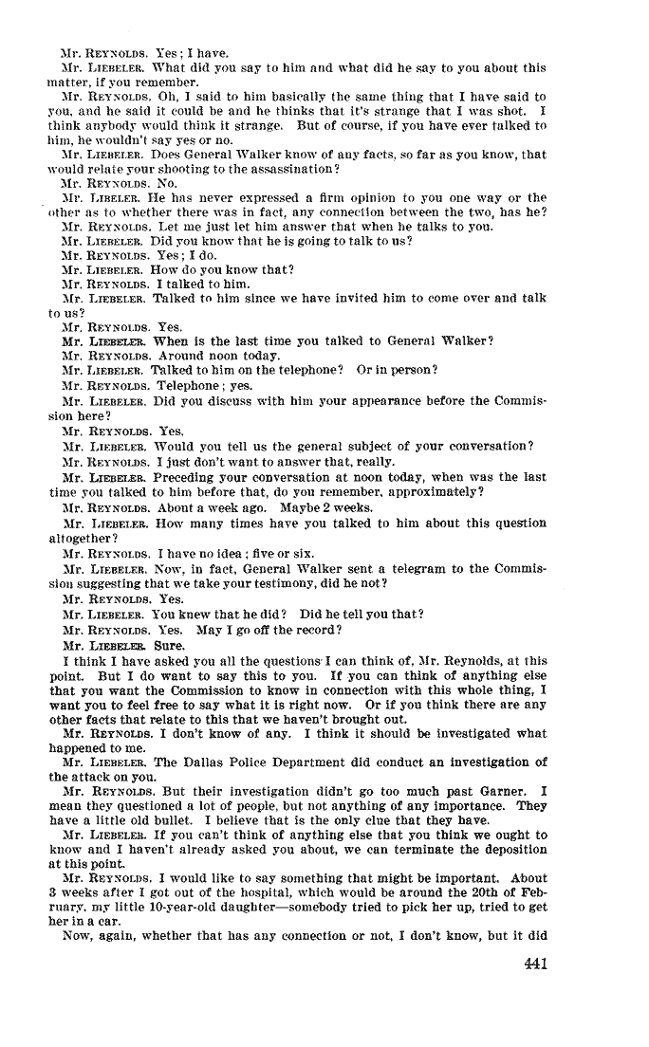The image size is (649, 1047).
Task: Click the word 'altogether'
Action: pos(83,537)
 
